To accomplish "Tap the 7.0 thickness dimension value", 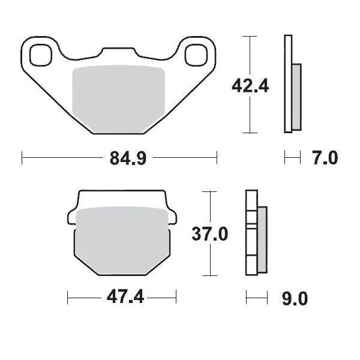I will (x=325, y=159).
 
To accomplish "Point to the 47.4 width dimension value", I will (x=122, y=297).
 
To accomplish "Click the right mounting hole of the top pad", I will (x=196, y=55).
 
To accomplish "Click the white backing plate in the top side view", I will (x=287, y=84).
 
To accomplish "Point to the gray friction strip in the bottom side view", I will (x=263, y=239).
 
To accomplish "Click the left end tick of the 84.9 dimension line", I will (x=22, y=159).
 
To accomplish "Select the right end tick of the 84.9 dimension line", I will (x=217, y=159).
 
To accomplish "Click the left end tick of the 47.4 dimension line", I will (x=68, y=297).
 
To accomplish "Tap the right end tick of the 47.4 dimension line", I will (x=176, y=297).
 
